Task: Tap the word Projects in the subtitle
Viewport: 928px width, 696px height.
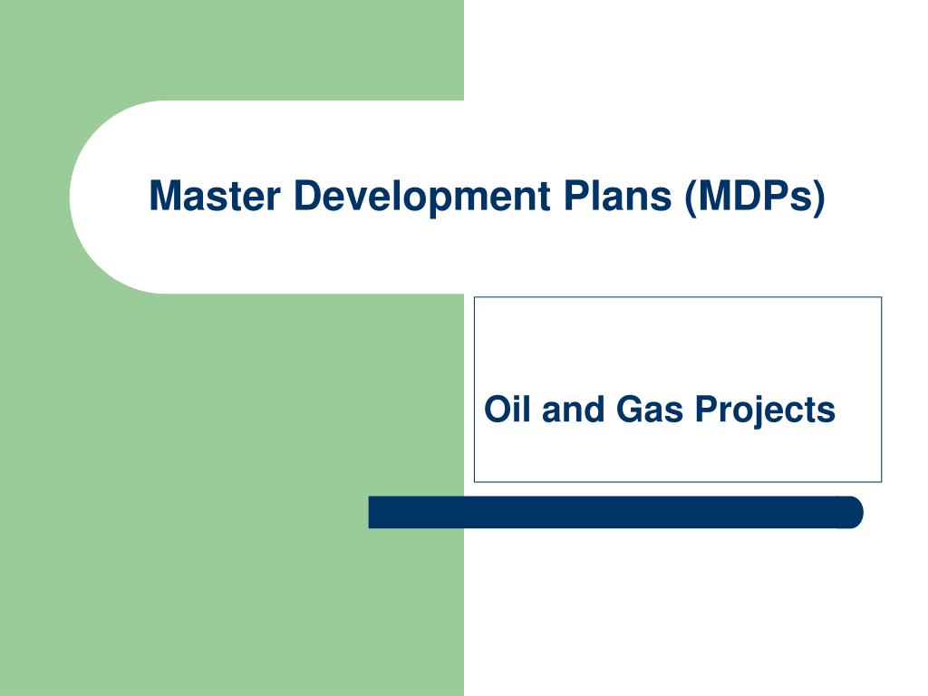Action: click(765, 410)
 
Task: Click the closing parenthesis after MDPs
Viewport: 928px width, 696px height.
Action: click(819, 198)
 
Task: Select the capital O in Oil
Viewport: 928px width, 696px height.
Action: click(496, 410)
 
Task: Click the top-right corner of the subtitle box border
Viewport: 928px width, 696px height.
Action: click(881, 297)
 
